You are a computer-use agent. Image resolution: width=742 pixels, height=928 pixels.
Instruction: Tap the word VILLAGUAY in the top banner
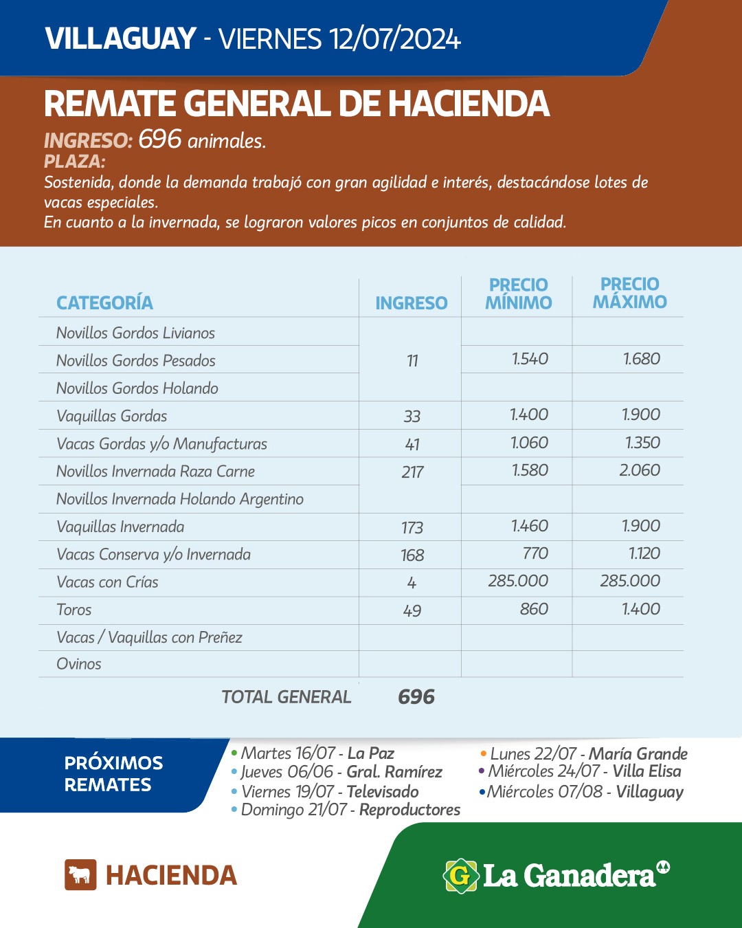(121, 39)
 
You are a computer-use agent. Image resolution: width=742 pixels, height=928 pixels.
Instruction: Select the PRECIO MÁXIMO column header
(629, 294)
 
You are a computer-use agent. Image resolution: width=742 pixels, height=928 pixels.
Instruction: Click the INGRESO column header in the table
(411, 303)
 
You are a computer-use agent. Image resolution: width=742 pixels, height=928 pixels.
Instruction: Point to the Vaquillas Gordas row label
(112, 416)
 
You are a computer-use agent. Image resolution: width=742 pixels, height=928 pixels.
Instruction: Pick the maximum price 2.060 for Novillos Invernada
(640, 470)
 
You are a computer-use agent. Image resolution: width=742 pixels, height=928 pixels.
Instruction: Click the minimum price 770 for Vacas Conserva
(535, 553)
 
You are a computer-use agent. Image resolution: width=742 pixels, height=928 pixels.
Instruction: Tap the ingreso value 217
(412, 472)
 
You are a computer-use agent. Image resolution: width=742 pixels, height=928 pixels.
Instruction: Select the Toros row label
(74, 610)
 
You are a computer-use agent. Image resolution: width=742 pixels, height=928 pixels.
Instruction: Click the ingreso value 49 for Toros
(412, 610)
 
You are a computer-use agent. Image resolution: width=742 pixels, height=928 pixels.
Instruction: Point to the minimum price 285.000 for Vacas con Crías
(518, 581)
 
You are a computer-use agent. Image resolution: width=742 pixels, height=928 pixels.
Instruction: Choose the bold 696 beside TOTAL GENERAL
(416, 697)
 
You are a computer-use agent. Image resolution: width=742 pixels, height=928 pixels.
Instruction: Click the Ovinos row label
(79, 664)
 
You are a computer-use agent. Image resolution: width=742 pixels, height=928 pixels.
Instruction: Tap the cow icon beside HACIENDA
(80, 875)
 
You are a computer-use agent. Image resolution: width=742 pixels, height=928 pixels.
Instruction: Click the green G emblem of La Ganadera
(460, 876)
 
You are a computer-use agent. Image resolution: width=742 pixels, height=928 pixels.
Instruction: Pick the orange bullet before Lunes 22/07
(484, 754)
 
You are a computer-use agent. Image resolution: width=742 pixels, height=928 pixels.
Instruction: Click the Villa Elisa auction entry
(585, 771)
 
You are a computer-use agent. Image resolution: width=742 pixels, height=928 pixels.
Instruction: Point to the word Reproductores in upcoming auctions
(409, 810)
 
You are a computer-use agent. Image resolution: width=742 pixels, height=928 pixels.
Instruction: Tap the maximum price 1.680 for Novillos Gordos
(641, 359)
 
